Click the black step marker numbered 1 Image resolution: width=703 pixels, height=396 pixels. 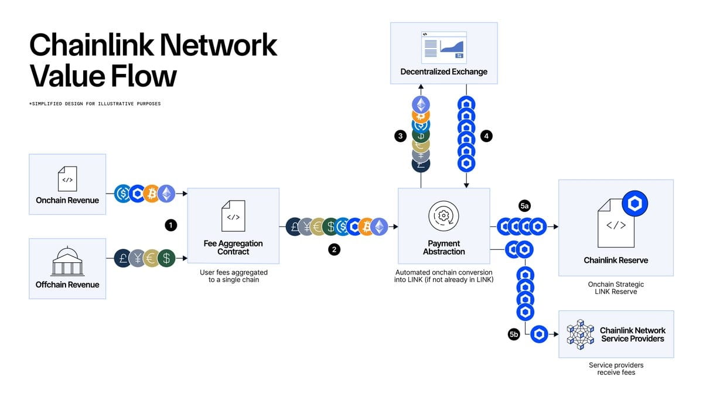click(x=170, y=225)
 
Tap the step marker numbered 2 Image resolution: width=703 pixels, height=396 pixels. click(x=334, y=249)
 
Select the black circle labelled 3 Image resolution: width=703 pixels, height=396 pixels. click(x=400, y=136)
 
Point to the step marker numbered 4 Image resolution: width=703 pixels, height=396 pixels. click(x=486, y=136)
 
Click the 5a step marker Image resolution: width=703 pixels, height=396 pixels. click(x=524, y=206)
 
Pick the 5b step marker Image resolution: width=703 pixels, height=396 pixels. click(x=514, y=334)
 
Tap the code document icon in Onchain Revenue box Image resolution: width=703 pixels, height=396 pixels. click(x=67, y=178)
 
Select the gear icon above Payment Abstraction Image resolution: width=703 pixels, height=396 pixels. click(x=443, y=215)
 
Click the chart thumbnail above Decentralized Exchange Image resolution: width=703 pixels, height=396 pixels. click(x=443, y=48)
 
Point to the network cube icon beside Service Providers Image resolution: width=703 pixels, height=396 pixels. click(x=581, y=334)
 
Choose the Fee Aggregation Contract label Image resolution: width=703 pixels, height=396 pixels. click(x=233, y=248)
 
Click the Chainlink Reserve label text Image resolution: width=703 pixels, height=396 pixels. click(x=616, y=260)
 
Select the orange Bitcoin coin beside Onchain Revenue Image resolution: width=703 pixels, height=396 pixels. click(x=152, y=193)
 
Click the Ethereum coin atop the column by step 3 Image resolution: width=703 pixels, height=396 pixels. click(x=421, y=105)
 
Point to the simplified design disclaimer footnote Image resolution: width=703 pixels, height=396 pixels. click(x=94, y=104)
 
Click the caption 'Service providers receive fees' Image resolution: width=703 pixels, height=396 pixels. click(x=615, y=368)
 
